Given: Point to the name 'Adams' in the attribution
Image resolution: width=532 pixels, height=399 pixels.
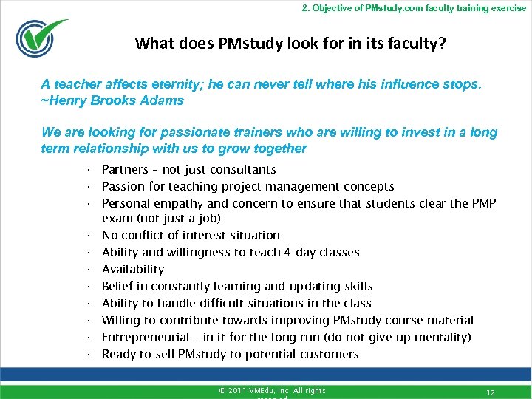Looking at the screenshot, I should pos(164,100).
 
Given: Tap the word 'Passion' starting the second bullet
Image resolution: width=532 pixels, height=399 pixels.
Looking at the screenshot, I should pos(123,187).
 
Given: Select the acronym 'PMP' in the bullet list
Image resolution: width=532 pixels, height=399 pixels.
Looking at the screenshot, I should pos(483,204).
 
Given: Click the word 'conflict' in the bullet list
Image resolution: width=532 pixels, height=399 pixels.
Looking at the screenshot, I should pos(146,236).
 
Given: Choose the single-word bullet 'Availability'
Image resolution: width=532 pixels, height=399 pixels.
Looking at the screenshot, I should pos(133,270).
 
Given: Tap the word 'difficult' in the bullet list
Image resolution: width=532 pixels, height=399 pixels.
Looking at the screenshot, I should pos(226,304).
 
